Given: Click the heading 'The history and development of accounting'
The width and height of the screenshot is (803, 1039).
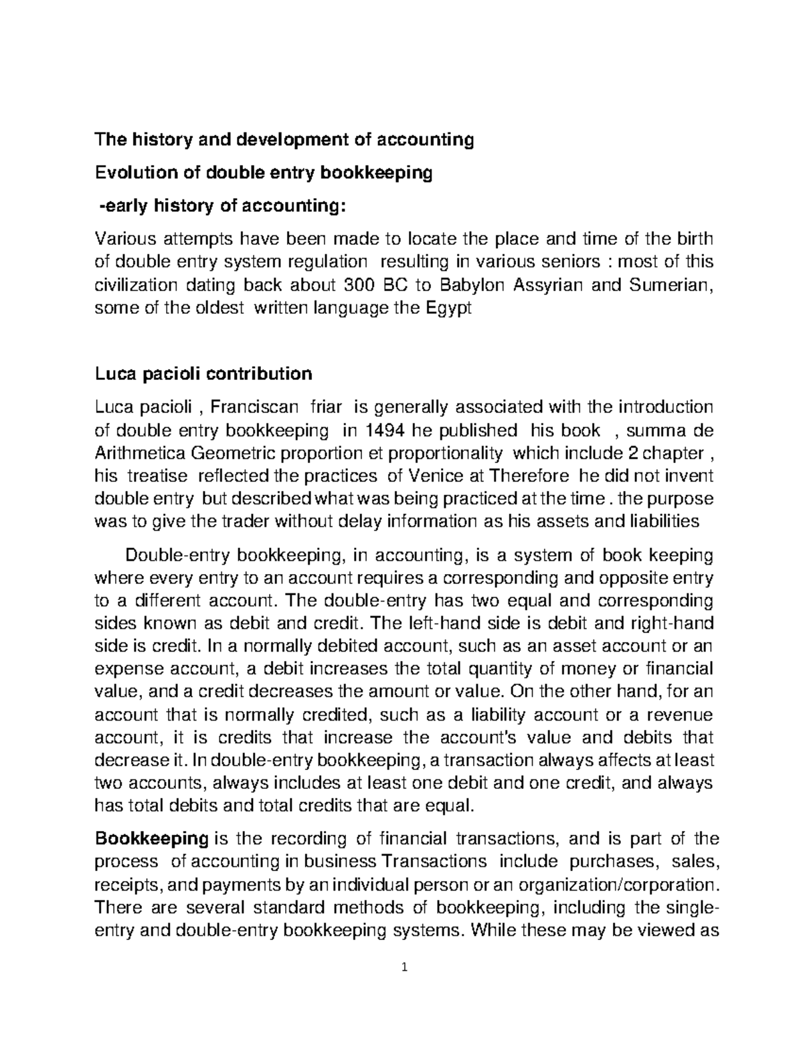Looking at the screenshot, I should pos(284,140).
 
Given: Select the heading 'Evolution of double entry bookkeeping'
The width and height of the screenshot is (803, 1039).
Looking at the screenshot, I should pos(264,174).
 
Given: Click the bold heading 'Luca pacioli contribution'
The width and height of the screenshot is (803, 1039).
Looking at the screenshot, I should pos(204,373).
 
